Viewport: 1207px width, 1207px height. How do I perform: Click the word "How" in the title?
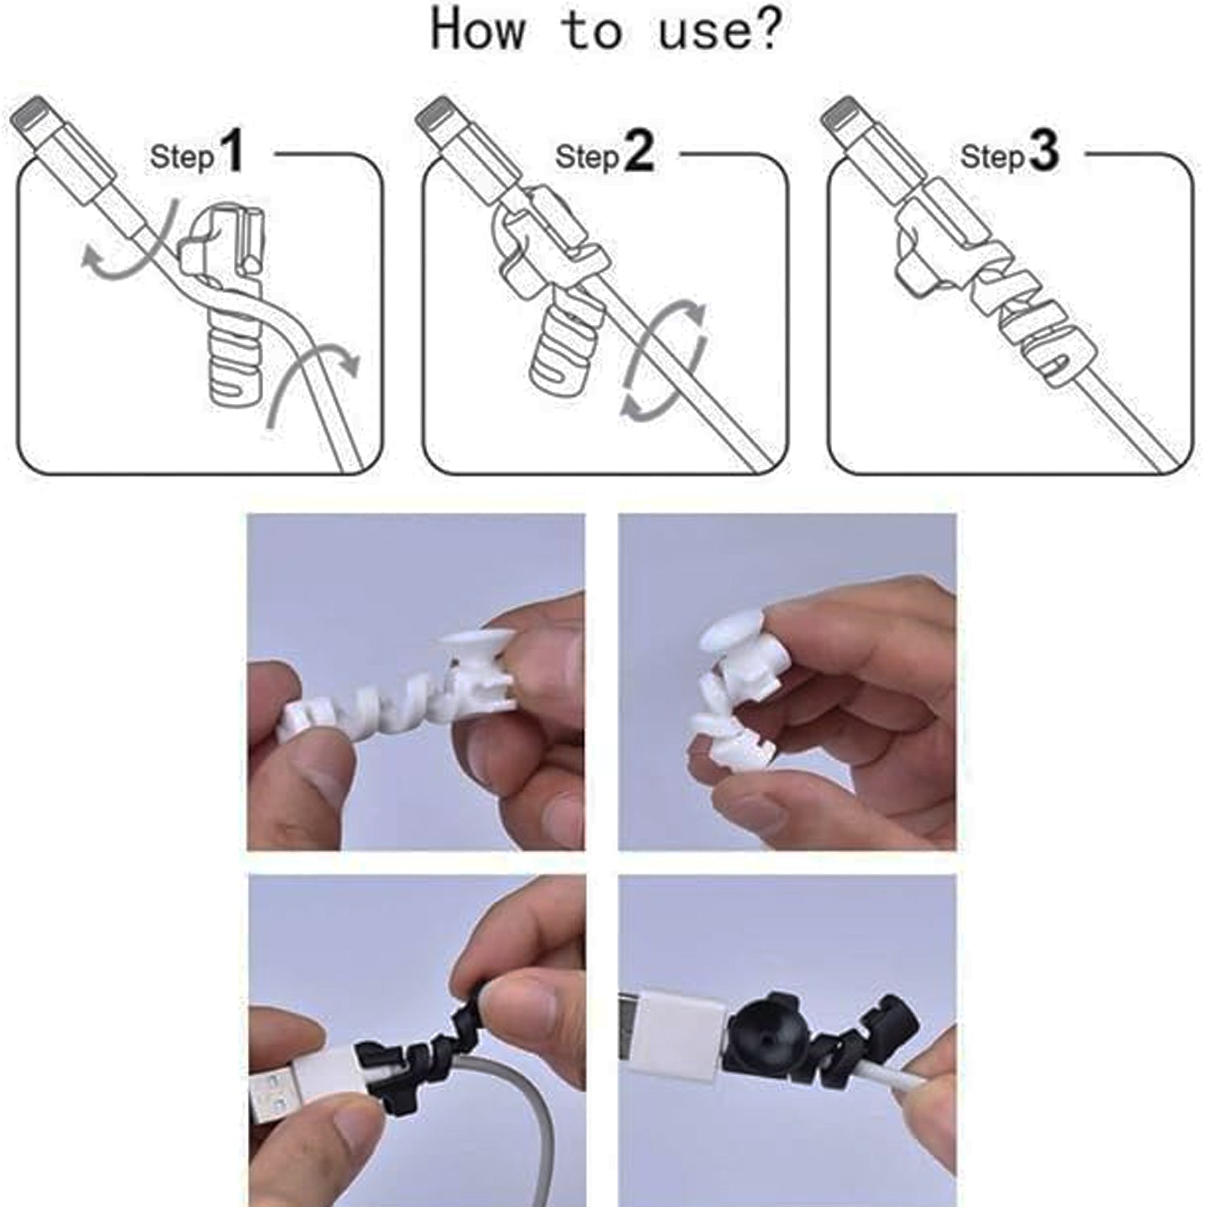click(478, 30)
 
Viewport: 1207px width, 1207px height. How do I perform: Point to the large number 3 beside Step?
click(1044, 152)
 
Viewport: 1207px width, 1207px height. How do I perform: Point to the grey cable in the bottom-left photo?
click(515, 1127)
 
